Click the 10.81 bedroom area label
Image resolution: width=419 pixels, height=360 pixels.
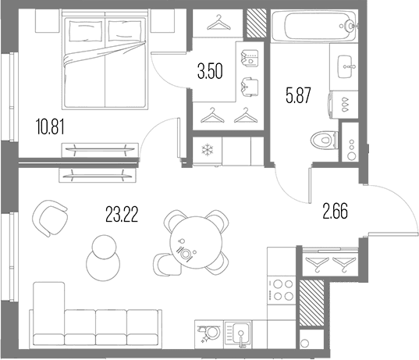point(50,127)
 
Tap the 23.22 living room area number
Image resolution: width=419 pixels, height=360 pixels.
point(122,215)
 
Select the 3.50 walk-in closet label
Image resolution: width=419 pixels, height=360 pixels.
point(210,72)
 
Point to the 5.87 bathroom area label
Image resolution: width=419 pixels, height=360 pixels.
point(299,95)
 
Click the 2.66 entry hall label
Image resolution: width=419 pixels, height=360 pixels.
point(336,211)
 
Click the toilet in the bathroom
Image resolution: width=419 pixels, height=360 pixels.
point(325,140)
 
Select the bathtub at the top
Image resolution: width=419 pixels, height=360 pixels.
point(314,26)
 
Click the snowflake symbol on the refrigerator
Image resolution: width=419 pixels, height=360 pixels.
point(207,150)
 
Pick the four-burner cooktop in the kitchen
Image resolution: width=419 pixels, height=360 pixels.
point(282,290)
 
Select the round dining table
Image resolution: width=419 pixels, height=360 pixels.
point(196,242)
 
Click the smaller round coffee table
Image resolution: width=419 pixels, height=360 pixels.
point(104,247)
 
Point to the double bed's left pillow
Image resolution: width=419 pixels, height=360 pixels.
point(86,31)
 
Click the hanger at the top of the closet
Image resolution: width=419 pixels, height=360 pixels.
point(218,23)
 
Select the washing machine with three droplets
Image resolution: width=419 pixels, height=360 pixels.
point(343,105)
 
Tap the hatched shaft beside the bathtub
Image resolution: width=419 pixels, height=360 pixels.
point(256,23)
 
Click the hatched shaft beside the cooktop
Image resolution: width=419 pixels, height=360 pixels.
point(311,303)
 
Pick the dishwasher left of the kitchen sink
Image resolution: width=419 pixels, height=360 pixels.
point(209,334)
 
